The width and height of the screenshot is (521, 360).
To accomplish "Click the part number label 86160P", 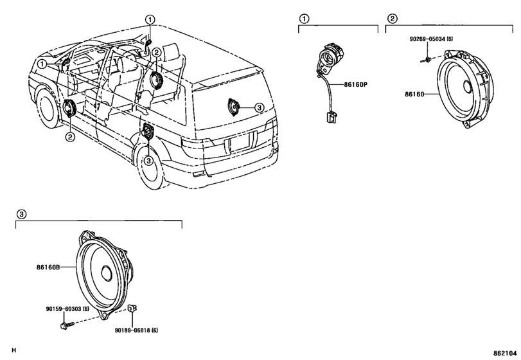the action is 355,84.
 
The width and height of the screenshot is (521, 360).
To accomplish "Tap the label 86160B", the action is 48,267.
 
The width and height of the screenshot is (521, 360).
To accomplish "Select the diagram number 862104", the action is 505,353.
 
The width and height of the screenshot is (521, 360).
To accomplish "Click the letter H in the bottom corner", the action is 13,350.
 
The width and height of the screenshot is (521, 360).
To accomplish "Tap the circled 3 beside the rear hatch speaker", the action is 259,107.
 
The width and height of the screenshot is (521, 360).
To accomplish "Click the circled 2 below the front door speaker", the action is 70,137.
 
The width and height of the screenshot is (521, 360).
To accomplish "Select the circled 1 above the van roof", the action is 150,20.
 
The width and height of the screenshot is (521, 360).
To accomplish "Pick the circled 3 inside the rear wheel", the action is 148,161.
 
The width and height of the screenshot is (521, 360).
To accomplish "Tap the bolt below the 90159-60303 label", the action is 66,325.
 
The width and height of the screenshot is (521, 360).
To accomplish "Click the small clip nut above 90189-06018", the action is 132,308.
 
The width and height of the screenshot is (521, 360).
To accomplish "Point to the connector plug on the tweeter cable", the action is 331,118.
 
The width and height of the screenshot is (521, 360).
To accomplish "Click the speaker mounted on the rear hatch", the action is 233,107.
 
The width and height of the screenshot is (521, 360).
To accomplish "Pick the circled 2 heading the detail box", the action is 393,19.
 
